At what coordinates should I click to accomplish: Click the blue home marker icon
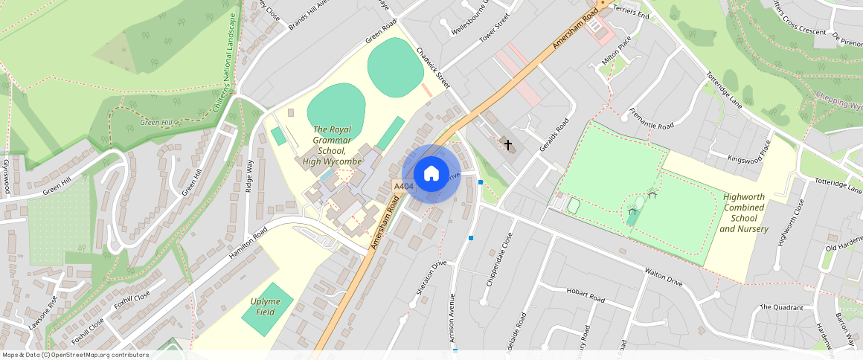431,174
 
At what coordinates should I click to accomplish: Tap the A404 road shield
403,186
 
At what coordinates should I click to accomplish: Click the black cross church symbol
509,144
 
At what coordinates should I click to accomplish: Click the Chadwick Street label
433,67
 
